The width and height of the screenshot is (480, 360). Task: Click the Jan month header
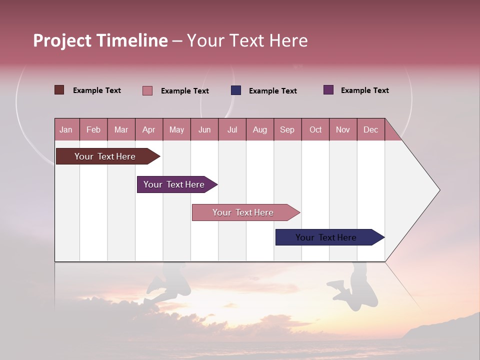tap(66, 129)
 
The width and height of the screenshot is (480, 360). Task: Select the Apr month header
tap(148, 129)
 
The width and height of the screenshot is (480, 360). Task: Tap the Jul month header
tap(232, 129)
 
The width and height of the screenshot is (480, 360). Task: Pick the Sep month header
tap(287, 129)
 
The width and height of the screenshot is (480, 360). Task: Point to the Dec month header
tap(370, 129)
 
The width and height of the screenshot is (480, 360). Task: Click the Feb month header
tap(93, 129)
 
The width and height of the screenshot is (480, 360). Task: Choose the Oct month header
tap(315, 129)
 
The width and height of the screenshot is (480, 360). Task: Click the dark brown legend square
tap(59, 90)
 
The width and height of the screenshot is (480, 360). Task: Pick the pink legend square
tap(147, 90)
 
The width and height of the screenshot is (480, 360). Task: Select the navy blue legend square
tap(236, 90)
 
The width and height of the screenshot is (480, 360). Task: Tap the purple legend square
tap(328, 90)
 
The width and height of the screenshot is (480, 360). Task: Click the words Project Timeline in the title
tap(100, 40)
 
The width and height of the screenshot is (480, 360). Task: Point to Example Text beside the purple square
tap(364, 90)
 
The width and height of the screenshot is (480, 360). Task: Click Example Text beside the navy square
tap(272, 91)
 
